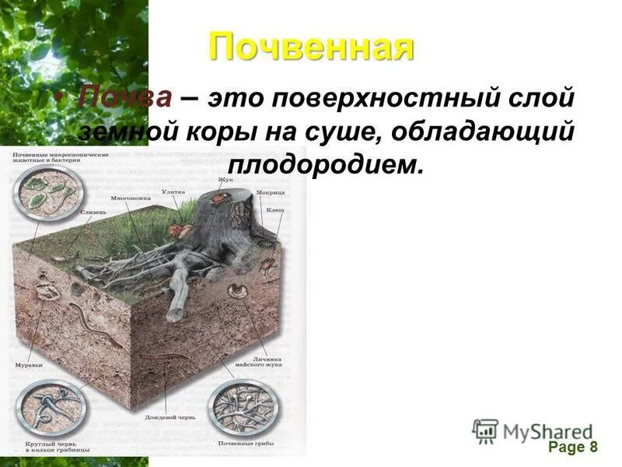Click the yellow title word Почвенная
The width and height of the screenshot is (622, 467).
(x=311, y=47)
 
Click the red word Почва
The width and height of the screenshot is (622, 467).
(x=124, y=100)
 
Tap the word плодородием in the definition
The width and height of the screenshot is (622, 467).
(x=327, y=164)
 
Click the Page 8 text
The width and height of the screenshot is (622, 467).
(x=572, y=447)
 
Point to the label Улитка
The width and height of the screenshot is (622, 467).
(x=173, y=191)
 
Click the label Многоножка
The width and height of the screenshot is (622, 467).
(x=131, y=198)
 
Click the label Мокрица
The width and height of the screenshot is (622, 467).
(x=272, y=191)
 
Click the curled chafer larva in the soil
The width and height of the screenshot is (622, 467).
(x=237, y=293)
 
